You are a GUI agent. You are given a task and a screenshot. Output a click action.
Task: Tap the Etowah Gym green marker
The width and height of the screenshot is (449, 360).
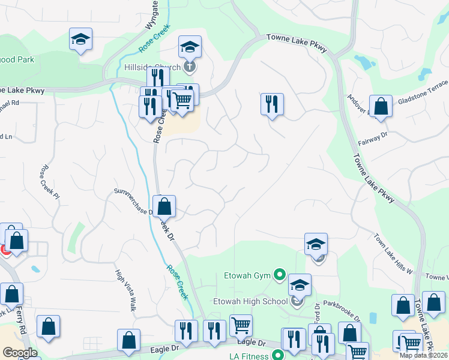[279, 275]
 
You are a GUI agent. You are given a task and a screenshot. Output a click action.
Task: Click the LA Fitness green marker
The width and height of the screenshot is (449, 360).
[279, 355]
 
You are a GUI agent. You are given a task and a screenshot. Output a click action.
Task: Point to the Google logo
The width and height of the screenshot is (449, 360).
[19, 353]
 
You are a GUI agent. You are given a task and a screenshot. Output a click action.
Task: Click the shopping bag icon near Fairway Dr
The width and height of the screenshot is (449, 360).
[381, 107]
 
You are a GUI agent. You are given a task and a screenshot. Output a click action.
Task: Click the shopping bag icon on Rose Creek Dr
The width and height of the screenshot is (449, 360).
[164, 206]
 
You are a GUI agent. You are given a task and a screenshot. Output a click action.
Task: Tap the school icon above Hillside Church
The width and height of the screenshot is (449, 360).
[190, 46]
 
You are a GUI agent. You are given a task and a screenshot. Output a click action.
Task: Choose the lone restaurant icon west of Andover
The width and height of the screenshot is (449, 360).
[272, 103]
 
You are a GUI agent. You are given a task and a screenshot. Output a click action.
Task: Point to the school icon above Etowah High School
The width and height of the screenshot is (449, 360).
[300, 284]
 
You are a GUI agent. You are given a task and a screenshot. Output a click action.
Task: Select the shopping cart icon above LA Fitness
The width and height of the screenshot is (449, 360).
[241, 325]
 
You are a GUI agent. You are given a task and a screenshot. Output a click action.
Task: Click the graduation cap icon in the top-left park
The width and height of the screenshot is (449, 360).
[80, 39]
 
